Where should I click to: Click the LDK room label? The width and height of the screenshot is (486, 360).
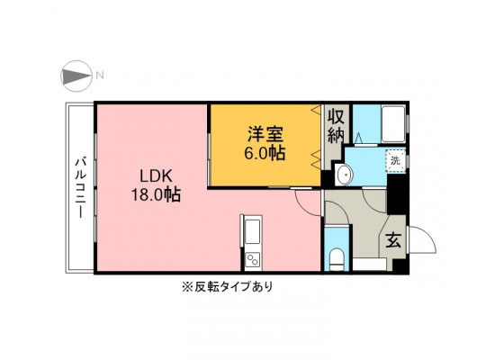[156, 176]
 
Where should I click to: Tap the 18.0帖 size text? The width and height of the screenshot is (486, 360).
[156, 194]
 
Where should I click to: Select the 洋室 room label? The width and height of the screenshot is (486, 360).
[265, 134]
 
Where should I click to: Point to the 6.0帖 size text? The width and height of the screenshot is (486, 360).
[265, 153]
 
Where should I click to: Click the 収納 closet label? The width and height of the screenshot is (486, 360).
[337, 127]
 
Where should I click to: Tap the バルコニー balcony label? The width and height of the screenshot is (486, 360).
[81, 188]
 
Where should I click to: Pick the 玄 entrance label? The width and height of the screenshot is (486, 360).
[393, 240]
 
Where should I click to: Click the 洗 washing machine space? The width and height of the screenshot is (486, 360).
[395, 160]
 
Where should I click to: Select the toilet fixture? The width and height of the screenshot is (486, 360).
[337, 260]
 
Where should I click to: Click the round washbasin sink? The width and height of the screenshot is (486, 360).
[344, 175]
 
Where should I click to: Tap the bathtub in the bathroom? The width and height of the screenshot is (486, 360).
[393, 124]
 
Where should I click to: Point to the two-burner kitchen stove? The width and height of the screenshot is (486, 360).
[253, 260]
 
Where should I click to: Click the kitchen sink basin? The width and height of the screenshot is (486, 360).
[253, 231]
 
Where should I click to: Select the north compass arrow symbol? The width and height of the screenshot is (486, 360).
[76, 76]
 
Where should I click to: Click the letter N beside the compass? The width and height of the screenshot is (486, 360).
[99, 75]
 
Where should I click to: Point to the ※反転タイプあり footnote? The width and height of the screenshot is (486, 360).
[228, 286]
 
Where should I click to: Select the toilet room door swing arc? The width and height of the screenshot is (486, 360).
[341, 208]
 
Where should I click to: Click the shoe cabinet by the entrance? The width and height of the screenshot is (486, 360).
[370, 265]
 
